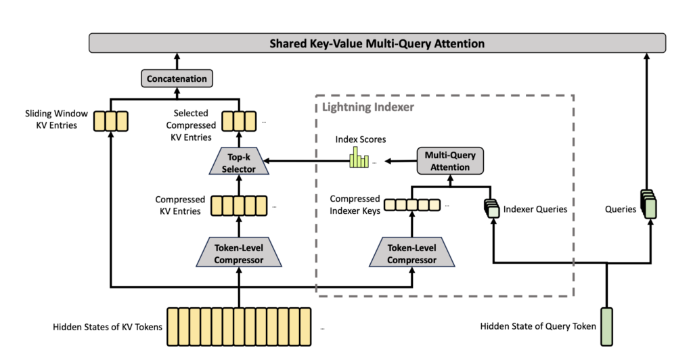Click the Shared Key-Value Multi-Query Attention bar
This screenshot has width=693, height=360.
click(x=377, y=43)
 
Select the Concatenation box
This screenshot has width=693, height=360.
click(x=177, y=78)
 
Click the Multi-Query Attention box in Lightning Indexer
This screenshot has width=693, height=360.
click(x=450, y=161)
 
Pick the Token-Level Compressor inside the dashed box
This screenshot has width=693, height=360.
click(x=412, y=252)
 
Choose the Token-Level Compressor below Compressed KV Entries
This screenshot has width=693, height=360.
click(x=239, y=252)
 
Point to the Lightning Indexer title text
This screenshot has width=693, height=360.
click(x=367, y=107)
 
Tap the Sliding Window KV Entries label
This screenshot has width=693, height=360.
click(x=56, y=119)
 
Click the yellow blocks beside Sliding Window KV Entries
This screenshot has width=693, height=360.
click(x=111, y=122)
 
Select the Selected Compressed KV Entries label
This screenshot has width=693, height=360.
click(x=191, y=125)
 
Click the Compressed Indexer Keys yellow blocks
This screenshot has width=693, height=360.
click(x=412, y=205)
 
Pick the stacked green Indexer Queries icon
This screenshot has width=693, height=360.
click(x=492, y=208)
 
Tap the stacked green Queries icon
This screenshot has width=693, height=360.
click(x=649, y=204)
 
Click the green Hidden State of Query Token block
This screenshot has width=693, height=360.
click(x=606, y=327)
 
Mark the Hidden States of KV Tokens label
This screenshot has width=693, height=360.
click(x=108, y=327)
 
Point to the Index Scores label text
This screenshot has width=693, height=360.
click(x=360, y=139)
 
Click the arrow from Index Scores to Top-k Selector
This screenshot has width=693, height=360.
click(x=307, y=161)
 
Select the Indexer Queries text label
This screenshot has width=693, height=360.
click(x=535, y=209)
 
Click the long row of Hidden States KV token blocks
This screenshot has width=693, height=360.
click(x=239, y=327)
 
